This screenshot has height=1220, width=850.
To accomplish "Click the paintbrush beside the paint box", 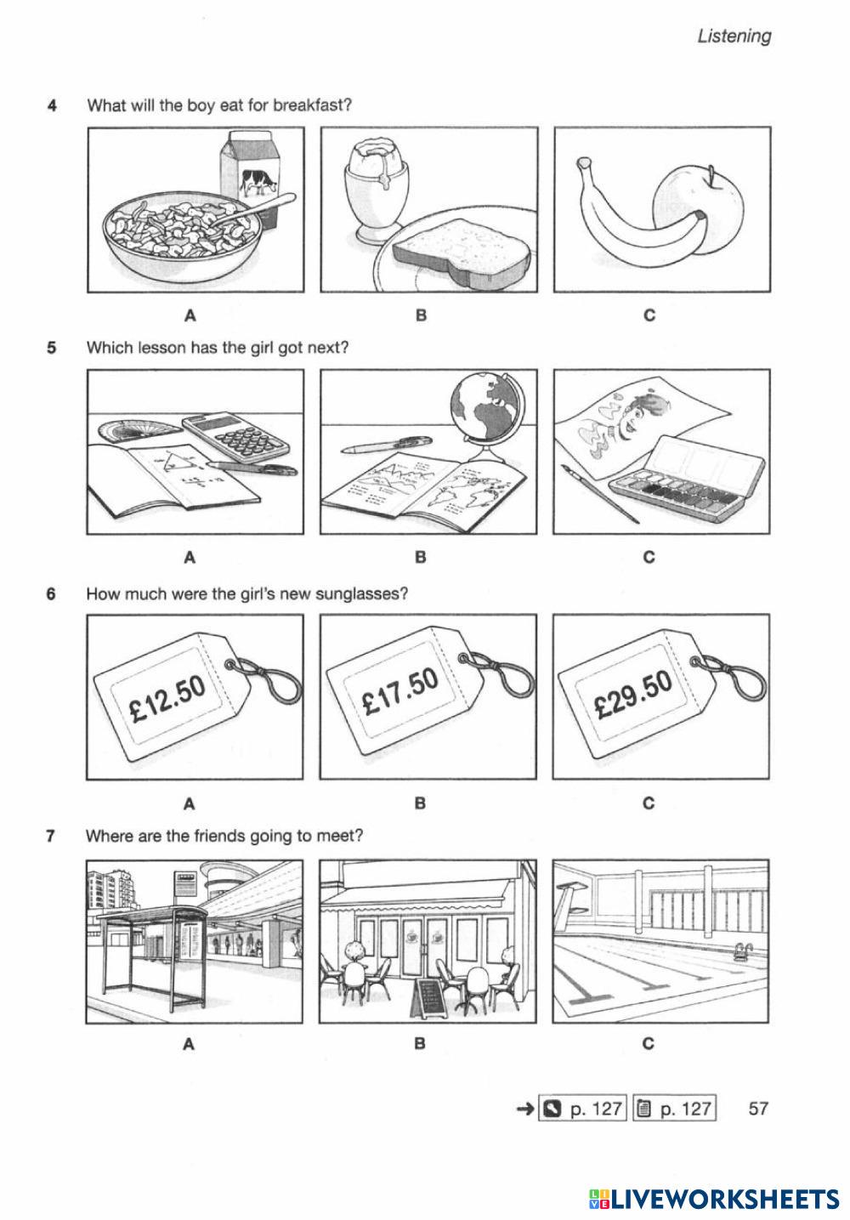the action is [x=601, y=493].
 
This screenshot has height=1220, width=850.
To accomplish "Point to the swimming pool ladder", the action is [x=742, y=949].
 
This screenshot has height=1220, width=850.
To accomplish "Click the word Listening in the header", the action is [x=734, y=36].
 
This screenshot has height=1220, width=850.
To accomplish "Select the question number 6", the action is [x=51, y=593].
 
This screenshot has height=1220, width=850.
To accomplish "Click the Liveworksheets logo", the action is [x=714, y=1198].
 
